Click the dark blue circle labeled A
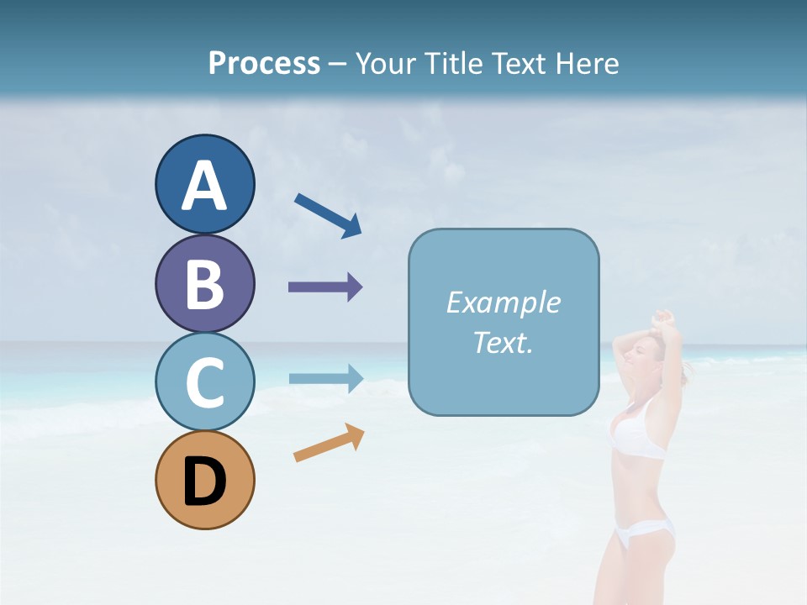pos(204,184)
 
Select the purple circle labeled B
pos(204,283)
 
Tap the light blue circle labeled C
pos(204,381)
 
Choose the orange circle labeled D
pos(204,480)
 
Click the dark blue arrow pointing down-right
pos(328,215)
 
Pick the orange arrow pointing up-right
pos(329,443)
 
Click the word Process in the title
pos(264,63)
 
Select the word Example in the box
pos(503,302)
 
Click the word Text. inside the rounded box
pos(503,342)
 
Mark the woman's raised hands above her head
pos(664,319)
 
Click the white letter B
pos(204,284)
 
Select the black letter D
pos(204,481)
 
